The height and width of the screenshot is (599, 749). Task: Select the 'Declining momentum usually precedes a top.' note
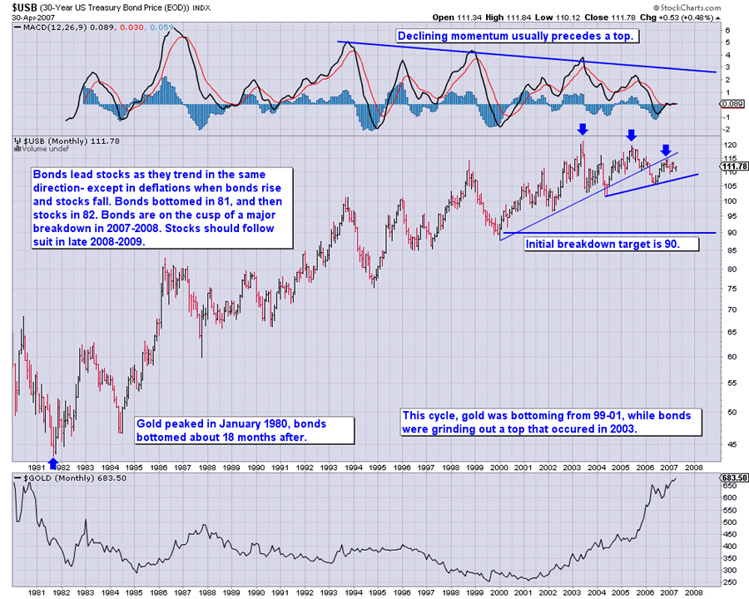coord(516,37)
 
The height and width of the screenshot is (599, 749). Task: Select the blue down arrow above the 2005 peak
coord(632,135)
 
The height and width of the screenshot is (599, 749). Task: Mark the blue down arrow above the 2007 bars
coord(666,151)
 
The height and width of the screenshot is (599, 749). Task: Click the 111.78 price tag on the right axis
coord(732,165)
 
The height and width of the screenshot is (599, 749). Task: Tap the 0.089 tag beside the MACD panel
coord(732,104)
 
